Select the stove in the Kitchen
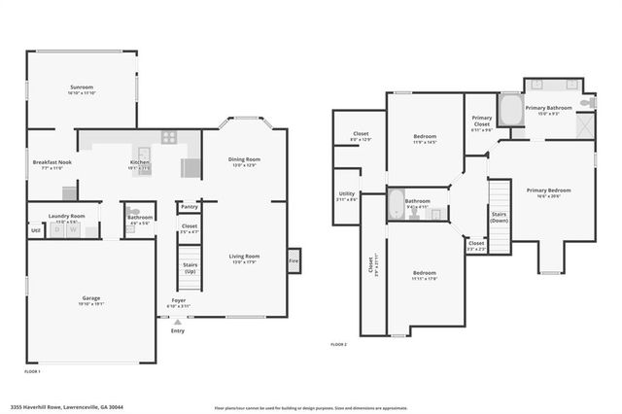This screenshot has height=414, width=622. [x=169, y=137]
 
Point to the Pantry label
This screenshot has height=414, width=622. [x=190, y=207]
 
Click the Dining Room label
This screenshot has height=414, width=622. [x=242, y=161]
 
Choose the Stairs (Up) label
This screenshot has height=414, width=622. [x=190, y=266]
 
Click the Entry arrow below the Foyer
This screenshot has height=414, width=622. [x=177, y=320]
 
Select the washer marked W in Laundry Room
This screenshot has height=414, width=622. [x=73, y=229]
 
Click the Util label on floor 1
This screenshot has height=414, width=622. [x=35, y=229]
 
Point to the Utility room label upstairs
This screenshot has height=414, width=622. [x=347, y=195]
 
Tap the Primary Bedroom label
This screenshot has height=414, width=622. [x=548, y=191]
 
